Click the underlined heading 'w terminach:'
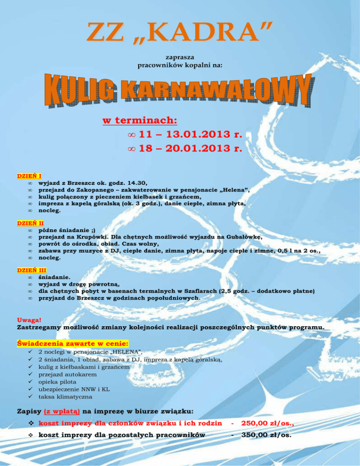pos(139,120)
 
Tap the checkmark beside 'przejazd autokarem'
pos(30,375)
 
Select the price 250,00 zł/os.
pos(267,423)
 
